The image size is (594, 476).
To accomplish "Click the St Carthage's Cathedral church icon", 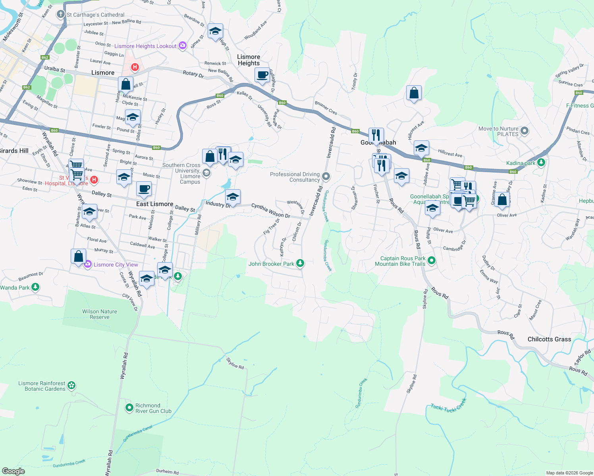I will (60, 15).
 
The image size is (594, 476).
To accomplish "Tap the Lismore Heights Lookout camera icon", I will (182, 46).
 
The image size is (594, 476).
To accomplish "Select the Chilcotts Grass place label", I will (549, 339).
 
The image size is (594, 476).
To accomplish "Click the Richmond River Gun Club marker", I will (129, 407).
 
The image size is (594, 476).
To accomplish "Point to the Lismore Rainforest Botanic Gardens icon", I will (71, 385).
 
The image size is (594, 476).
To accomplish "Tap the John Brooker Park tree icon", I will (301, 263).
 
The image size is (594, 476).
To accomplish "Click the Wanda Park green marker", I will (35, 287).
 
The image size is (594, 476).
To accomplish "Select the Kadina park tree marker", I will (541, 163).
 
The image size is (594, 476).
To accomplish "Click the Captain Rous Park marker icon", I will (432, 261).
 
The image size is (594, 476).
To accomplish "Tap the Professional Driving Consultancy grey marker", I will (326, 176).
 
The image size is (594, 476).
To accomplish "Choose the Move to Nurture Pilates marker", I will (525, 131).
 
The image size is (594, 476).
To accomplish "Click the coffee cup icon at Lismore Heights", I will (262, 75).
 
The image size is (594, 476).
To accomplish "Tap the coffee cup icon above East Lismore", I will (144, 189).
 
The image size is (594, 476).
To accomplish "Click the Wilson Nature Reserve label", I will (100, 314).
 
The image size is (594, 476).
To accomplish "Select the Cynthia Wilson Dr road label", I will (270, 211).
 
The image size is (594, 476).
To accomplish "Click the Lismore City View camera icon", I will (88, 264).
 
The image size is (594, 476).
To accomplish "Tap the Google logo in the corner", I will (13, 471).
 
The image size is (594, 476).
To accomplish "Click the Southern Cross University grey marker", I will (206, 173).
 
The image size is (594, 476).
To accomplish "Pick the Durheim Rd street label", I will (167, 472).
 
